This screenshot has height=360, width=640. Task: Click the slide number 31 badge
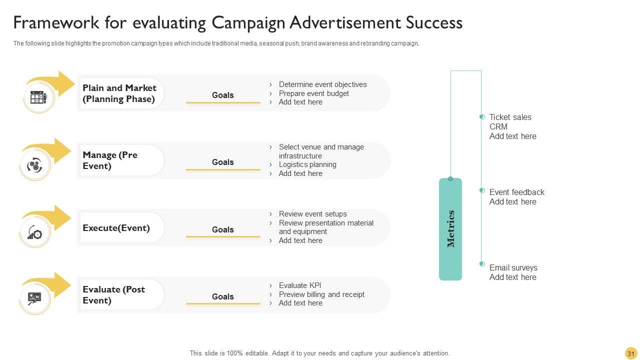coord(630,353)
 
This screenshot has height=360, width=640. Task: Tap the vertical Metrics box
coord(450,229)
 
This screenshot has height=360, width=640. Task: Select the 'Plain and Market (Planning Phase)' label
coord(119,93)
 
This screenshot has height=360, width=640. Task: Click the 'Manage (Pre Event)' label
coord(110,160)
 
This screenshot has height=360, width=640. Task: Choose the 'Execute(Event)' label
coord(116,228)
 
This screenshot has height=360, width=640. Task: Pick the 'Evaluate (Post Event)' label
coord(114,295)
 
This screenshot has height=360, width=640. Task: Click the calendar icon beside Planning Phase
coord(38,97)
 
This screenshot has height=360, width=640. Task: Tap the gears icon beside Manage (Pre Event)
coord(35,165)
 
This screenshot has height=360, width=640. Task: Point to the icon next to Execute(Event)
coord(35,232)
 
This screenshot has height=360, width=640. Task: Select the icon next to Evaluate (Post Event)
coord(35,299)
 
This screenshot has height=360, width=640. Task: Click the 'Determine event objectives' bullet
coord(322,84)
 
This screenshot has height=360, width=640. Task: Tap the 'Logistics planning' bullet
coord(307,164)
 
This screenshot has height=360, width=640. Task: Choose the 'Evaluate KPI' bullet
coord(300,285)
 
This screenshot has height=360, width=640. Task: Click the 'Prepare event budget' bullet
coord(314,93)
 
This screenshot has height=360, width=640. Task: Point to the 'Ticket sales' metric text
coord(510,117)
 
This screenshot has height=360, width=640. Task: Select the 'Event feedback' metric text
coord(516,192)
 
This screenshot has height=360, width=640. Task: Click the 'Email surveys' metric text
coord(513,267)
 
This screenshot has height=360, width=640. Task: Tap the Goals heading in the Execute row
coord(223,229)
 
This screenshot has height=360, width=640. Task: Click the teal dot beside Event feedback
coord(482,190)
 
